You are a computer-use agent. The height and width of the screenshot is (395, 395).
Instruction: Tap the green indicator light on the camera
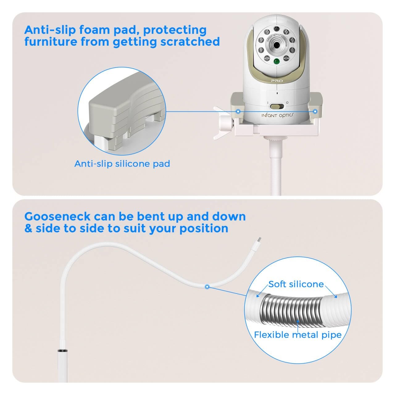[276, 61]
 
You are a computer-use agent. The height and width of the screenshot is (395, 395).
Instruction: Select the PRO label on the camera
[277, 81]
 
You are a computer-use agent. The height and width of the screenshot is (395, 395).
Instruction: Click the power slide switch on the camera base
[277, 106]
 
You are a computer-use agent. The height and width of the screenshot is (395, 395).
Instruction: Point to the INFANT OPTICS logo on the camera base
[277, 115]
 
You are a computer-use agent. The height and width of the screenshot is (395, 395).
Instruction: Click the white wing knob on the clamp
[222, 123]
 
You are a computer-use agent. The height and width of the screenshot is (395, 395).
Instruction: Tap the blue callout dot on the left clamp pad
[238, 111]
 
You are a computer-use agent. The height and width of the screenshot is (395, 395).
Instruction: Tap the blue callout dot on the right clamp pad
[315, 111]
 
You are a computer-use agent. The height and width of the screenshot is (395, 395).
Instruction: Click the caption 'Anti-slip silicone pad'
[122, 164]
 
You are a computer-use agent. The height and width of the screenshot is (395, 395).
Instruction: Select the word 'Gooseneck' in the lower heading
[57, 217]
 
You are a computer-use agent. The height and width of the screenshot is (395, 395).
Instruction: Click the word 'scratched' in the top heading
[190, 42]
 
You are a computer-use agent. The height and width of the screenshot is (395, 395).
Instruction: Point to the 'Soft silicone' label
[296, 284]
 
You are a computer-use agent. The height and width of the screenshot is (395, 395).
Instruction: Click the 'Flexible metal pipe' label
[297, 335]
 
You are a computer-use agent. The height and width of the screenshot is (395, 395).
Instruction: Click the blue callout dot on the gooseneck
[207, 287]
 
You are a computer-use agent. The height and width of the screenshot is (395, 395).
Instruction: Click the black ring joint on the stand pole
[63, 351]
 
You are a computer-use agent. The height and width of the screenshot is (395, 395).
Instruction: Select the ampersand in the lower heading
[28, 229]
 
